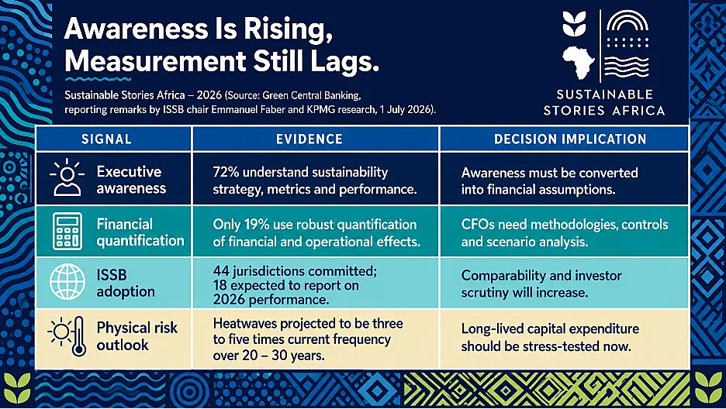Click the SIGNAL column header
(106, 139)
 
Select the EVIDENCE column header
(309, 139)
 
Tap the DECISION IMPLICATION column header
(570, 139)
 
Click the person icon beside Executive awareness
(67, 178)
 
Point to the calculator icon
(67, 232)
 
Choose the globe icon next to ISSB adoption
(67, 282)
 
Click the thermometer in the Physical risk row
(79, 336)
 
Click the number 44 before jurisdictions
(220, 271)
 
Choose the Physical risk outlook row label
(137, 336)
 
